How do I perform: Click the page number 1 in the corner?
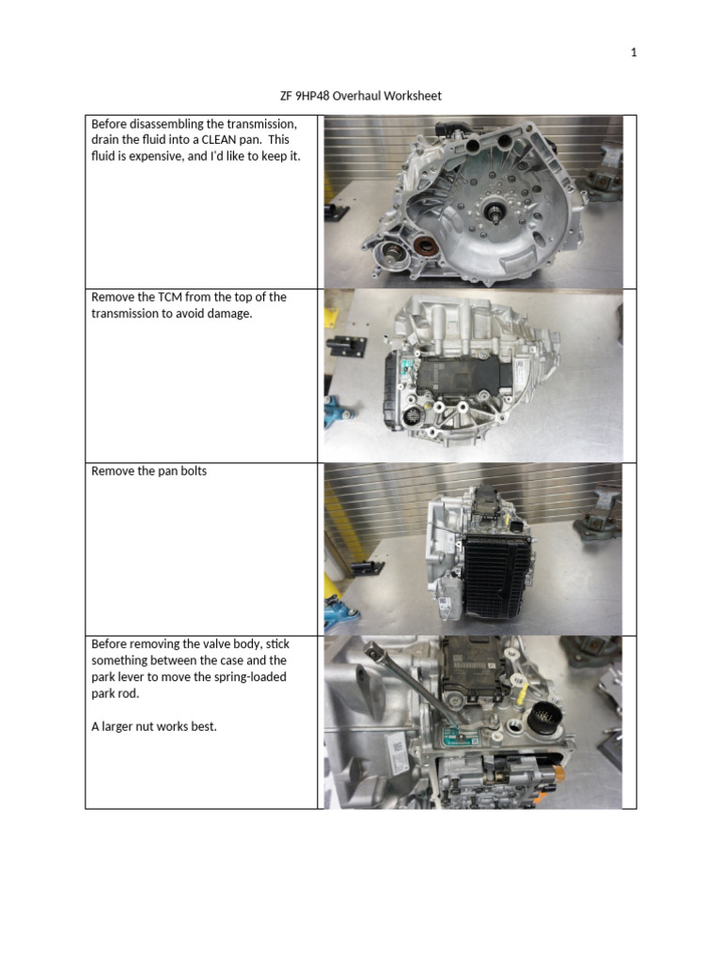(634, 53)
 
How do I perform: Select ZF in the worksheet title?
(275, 96)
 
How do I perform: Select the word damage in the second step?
(231, 313)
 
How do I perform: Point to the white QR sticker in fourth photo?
(396, 752)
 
